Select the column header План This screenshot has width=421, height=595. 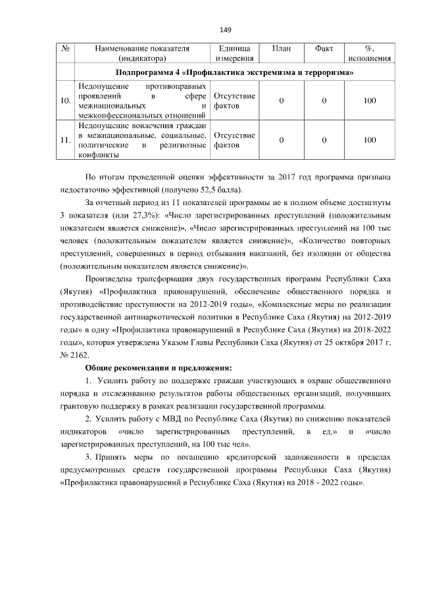281,49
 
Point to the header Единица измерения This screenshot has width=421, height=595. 234,53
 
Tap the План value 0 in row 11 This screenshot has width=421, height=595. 281,139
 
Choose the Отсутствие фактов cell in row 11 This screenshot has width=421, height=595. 234,139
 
